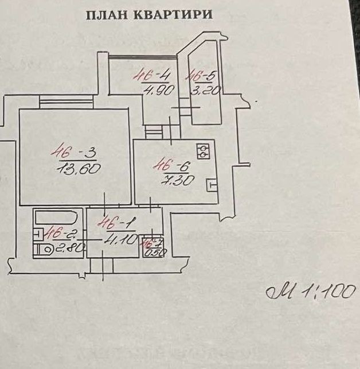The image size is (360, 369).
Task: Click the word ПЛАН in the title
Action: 108,15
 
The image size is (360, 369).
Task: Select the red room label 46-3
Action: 73,153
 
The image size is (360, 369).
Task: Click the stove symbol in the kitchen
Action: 203,151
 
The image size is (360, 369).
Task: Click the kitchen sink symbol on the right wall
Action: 212,185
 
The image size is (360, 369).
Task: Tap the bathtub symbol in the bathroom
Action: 58,218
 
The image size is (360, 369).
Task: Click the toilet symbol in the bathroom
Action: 44,249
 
